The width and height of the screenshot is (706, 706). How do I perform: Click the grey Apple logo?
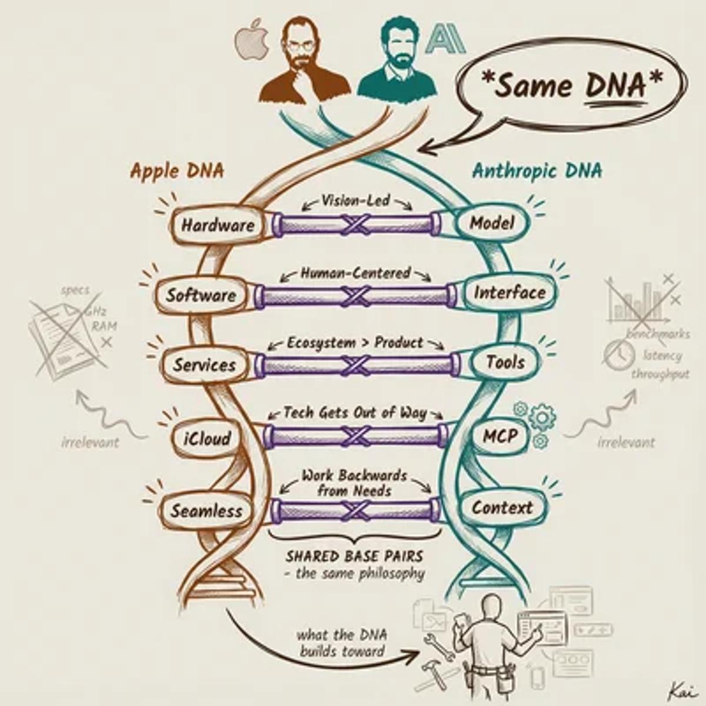(252, 41)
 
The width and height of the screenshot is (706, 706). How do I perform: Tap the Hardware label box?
(218, 225)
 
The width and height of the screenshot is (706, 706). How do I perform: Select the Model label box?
(492, 223)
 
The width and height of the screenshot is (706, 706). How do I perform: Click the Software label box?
(201, 295)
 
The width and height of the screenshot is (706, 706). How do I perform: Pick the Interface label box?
(509, 292)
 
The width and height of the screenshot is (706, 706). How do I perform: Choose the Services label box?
(204, 365)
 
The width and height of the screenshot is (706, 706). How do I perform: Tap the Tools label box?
(505, 362)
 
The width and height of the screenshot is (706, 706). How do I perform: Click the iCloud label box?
(207, 438)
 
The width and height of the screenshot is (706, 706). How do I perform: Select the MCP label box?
(500, 437)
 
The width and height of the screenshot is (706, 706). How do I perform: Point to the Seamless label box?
(206, 511)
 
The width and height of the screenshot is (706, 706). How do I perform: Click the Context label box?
(502, 508)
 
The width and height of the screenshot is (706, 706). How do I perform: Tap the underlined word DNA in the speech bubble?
(615, 86)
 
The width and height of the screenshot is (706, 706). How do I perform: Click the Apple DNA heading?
(176, 171)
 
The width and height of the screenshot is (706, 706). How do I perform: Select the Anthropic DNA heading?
(537, 171)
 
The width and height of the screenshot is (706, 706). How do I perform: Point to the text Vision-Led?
(355, 201)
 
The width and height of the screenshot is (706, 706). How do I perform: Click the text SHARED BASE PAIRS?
(354, 556)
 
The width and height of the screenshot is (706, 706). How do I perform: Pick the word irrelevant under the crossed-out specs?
(90, 442)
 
